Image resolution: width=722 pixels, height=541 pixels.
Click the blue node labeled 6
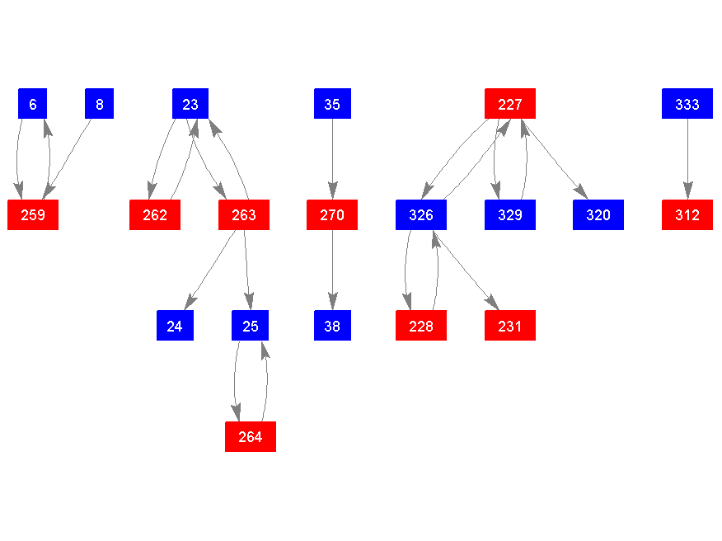click(x=33, y=104)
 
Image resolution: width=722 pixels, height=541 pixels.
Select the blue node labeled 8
click(x=100, y=104)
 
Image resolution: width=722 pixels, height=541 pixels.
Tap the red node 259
click(x=33, y=215)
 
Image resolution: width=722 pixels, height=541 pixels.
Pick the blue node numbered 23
click(x=190, y=104)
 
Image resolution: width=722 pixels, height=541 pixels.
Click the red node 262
click(x=155, y=215)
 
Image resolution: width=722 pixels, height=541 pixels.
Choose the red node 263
click(x=244, y=215)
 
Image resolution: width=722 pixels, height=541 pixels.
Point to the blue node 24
click(x=175, y=326)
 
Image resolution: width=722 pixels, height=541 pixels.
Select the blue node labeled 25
click(x=251, y=326)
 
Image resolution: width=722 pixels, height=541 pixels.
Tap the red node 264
click(x=251, y=436)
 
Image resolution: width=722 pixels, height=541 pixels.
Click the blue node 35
click(x=332, y=104)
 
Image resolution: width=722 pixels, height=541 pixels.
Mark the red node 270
click(x=332, y=215)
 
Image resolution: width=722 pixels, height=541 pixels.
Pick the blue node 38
click(x=332, y=326)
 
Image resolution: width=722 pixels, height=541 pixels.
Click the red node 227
click(x=510, y=104)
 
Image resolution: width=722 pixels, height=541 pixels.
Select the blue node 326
click(x=421, y=215)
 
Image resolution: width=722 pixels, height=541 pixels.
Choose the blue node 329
click(x=510, y=215)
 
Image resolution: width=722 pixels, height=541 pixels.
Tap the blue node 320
click(x=598, y=215)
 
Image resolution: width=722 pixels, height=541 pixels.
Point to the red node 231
click(x=510, y=326)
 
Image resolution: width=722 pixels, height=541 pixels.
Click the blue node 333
click(x=687, y=104)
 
